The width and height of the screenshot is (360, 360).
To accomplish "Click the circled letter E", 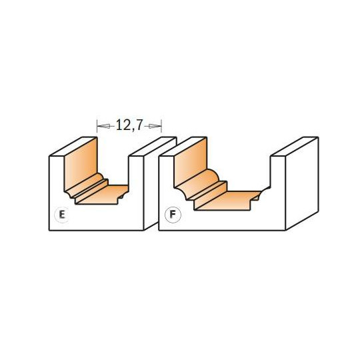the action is pos(62,215).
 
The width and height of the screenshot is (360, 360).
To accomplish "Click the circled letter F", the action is pos(173,215).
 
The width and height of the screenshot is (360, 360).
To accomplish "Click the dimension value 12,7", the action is pos(129,125).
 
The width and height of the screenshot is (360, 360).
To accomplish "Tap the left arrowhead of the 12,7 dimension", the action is pos(103,126).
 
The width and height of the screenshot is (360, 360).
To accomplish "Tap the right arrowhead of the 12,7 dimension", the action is pos(155,126).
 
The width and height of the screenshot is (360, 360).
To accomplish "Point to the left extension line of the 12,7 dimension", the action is pos(97,126).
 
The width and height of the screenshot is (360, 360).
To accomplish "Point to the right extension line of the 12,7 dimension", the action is pos(161,126).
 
